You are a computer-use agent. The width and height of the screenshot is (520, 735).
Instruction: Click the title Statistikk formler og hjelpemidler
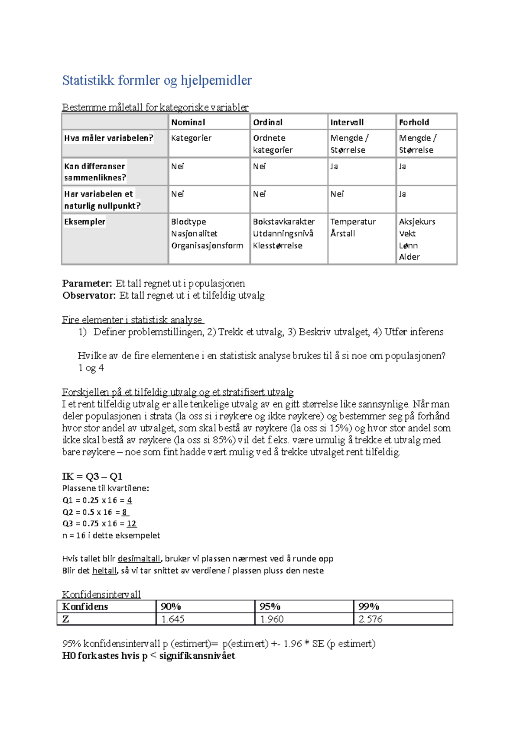click(157, 81)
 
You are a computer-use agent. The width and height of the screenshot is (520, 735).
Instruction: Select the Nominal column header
click(188, 122)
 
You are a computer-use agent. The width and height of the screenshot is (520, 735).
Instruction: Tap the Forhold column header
click(414, 122)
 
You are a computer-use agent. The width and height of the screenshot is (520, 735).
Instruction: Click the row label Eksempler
click(85, 222)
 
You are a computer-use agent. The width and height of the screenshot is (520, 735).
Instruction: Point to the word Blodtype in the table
click(188, 222)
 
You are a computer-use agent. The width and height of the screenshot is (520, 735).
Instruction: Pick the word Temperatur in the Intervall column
click(353, 222)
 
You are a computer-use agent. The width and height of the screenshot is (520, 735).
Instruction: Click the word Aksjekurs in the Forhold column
click(417, 222)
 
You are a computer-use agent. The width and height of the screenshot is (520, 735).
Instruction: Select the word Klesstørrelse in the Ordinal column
click(278, 245)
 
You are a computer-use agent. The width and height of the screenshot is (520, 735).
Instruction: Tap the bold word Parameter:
click(87, 284)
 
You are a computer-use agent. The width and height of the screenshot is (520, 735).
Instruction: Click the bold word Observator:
click(89, 296)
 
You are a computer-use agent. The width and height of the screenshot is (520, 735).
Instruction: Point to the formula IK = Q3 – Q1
click(92, 477)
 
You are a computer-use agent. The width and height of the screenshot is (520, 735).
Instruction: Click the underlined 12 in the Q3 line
click(132, 523)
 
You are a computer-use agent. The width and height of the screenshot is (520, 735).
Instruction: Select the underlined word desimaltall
click(139, 559)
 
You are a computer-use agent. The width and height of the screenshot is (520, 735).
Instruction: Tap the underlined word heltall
click(104, 571)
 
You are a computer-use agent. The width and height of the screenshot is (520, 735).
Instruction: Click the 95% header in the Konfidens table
click(270, 606)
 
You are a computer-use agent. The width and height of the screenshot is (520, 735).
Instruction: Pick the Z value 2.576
click(370, 619)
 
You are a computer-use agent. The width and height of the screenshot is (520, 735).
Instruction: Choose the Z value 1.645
click(173, 619)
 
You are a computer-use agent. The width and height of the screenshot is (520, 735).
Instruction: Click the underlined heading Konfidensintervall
click(101, 594)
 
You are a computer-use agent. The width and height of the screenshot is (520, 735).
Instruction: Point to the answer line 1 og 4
click(91, 368)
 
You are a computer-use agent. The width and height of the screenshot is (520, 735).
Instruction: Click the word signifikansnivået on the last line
click(197, 656)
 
